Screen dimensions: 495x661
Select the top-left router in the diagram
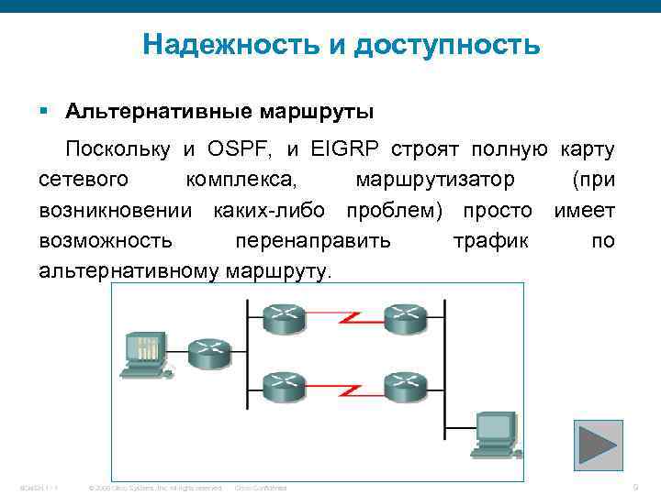[x=285, y=318]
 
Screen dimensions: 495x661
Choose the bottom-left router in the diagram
[x=285, y=385]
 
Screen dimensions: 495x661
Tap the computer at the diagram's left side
[x=144, y=354]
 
